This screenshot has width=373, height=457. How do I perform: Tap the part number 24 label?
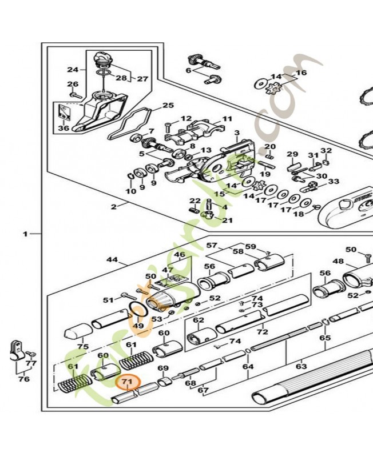pyautogui.click(x=73, y=70)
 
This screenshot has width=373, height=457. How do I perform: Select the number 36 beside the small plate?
pyautogui.click(x=64, y=129)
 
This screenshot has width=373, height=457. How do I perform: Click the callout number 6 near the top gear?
pyautogui.click(x=188, y=70)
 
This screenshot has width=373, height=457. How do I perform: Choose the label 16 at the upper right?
pyautogui.click(x=301, y=73)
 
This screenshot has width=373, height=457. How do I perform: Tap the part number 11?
pyautogui.click(x=227, y=119)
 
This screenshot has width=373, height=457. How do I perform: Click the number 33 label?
pyautogui.click(x=333, y=182)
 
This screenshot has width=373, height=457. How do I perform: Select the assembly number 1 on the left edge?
pyautogui.click(x=25, y=234)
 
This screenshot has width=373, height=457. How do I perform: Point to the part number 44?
pyautogui.click(x=112, y=260)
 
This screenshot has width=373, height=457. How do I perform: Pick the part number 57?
pyautogui.click(x=212, y=246)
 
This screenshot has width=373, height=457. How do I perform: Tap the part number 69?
pyautogui.click(x=163, y=368)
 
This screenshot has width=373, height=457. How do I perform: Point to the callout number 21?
pyautogui.click(x=227, y=221)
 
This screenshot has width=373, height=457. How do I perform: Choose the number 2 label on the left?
pyautogui.click(x=114, y=206)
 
